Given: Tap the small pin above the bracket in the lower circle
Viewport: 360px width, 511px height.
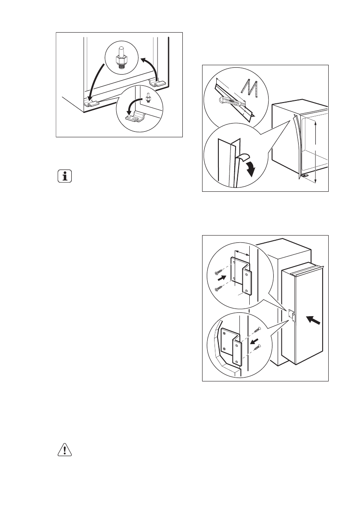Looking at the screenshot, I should coord(148,97).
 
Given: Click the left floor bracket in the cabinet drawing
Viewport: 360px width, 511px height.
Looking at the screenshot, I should coord(91,103).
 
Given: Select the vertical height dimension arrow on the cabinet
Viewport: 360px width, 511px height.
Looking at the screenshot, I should coord(315,152).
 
